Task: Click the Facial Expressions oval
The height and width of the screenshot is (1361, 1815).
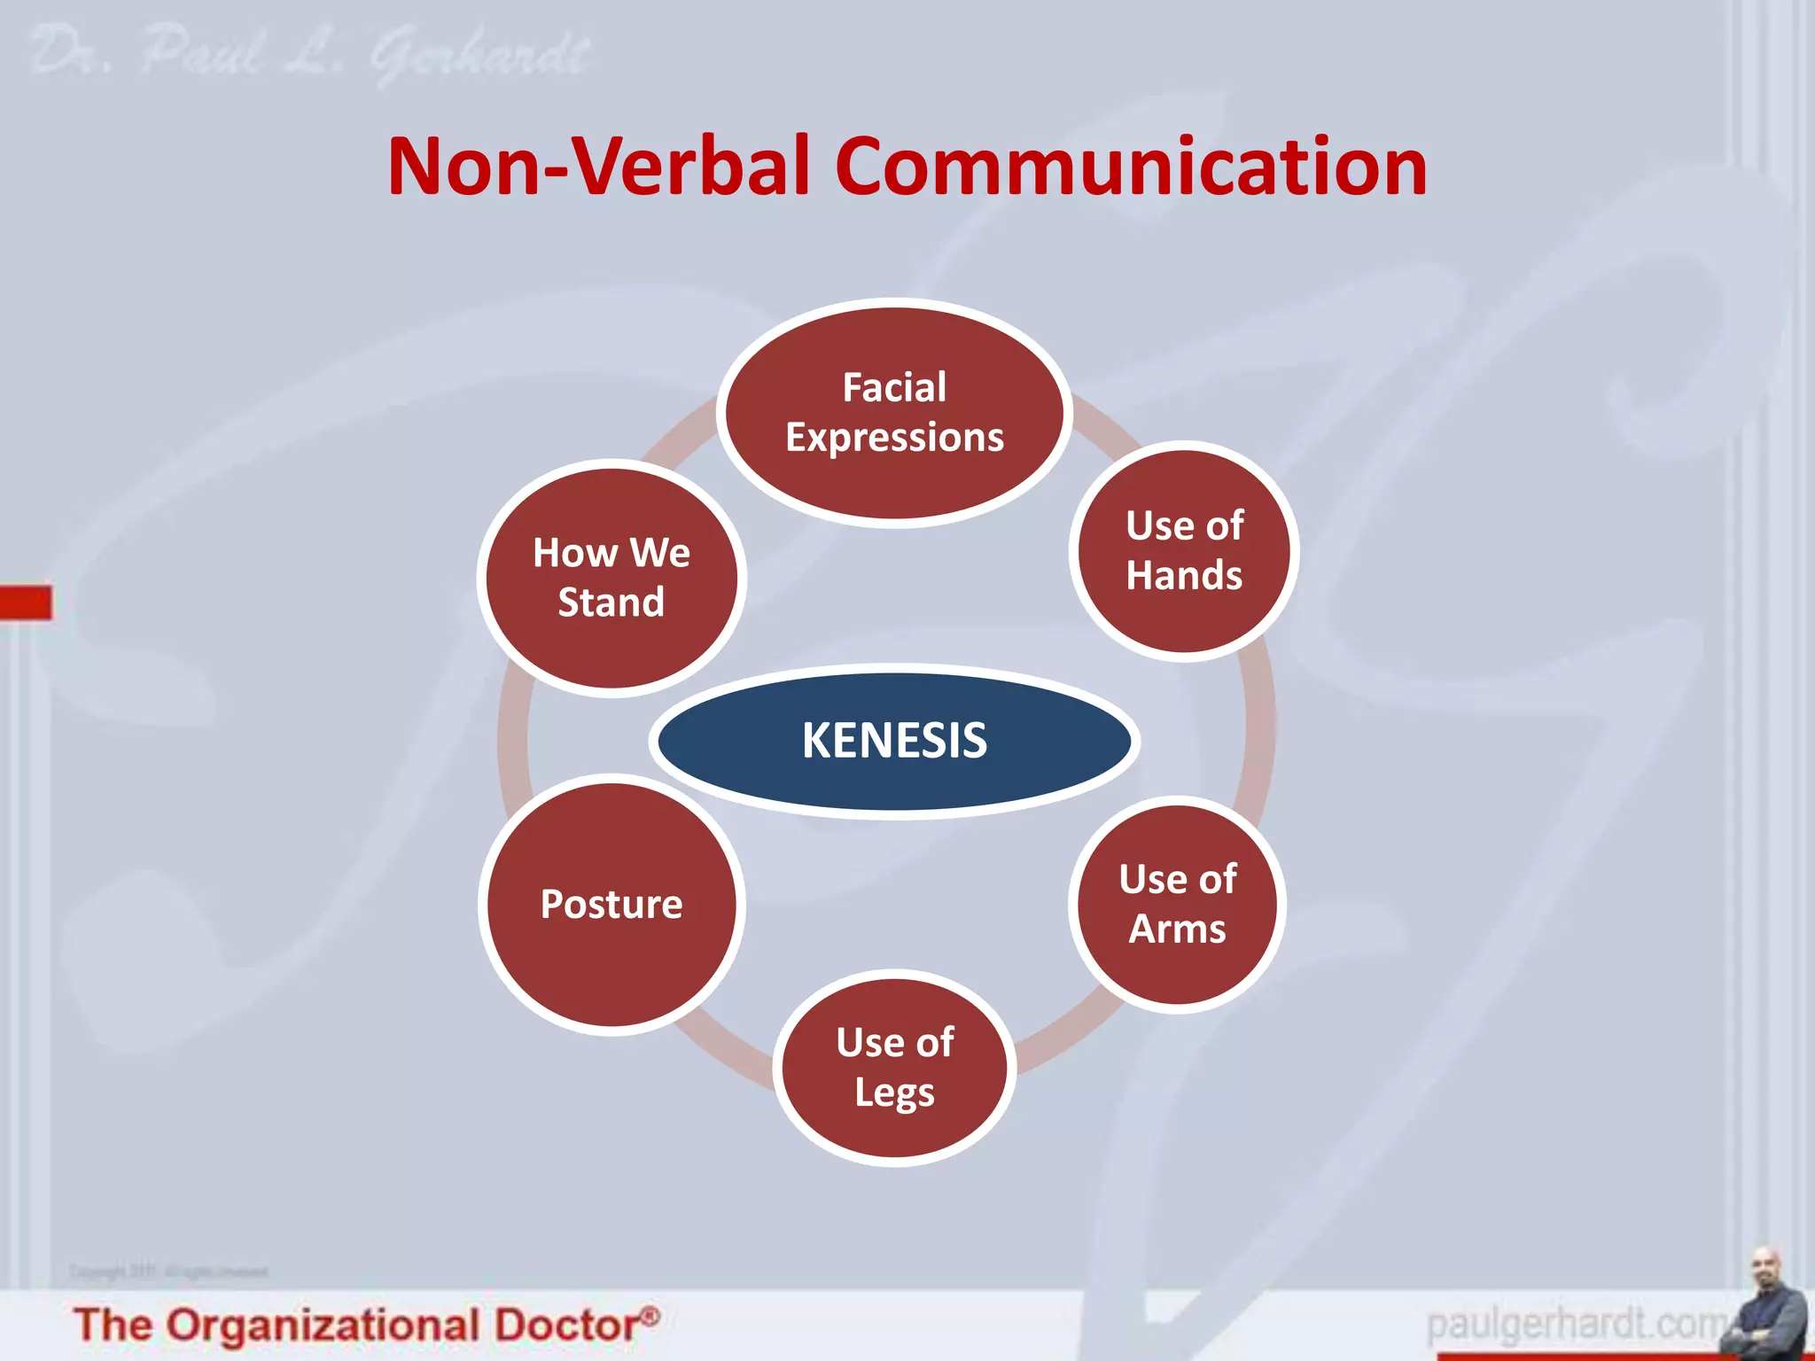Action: (x=894, y=413)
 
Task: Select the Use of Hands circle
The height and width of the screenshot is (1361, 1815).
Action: (x=1184, y=550)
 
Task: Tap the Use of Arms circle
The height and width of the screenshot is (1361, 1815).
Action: (x=1177, y=904)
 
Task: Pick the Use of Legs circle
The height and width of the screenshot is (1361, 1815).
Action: (x=894, y=1068)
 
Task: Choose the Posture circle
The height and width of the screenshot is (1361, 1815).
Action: (x=611, y=904)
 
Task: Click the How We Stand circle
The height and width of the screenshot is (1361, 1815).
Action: (x=611, y=578)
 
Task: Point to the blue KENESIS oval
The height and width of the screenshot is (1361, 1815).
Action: (x=894, y=741)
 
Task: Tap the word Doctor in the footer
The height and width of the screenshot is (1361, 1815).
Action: (x=565, y=1326)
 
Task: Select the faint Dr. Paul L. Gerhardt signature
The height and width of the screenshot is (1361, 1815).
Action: (x=310, y=55)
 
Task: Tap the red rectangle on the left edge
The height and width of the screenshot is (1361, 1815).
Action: (x=26, y=603)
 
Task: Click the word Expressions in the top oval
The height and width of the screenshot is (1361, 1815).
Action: (x=894, y=438)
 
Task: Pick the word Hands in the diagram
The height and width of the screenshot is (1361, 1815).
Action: (x=1184, y=576)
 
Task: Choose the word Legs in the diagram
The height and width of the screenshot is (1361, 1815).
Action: (x=894, y=1093)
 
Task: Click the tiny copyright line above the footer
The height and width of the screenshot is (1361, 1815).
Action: (x=168, y=1272)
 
